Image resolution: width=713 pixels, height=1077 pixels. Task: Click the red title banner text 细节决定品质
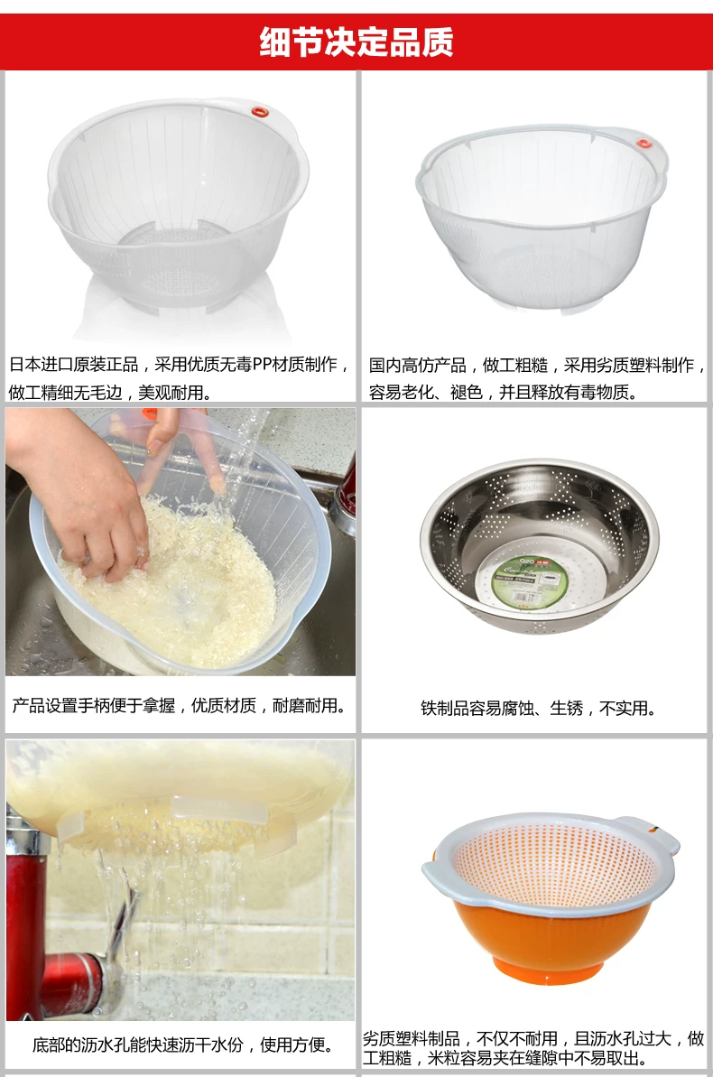(x=356, y=42)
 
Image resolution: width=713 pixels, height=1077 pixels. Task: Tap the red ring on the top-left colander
(x=259, y=111)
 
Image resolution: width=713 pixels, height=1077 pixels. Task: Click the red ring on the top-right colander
(x=644, y=144)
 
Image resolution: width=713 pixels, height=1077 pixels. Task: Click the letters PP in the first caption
(x=262, y=364)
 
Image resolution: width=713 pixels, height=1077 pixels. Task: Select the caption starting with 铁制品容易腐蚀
(x=538, y=708)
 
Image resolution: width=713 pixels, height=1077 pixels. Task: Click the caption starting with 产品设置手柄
(x=179, y=705)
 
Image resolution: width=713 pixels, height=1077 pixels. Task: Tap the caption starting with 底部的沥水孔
(x=182, y=1045)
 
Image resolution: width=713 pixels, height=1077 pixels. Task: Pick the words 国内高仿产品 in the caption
(x=418, y=365)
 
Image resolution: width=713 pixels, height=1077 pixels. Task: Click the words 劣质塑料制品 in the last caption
(x=411, y=1038)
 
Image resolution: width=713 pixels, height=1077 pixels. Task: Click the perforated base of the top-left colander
(x=175, y=261)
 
